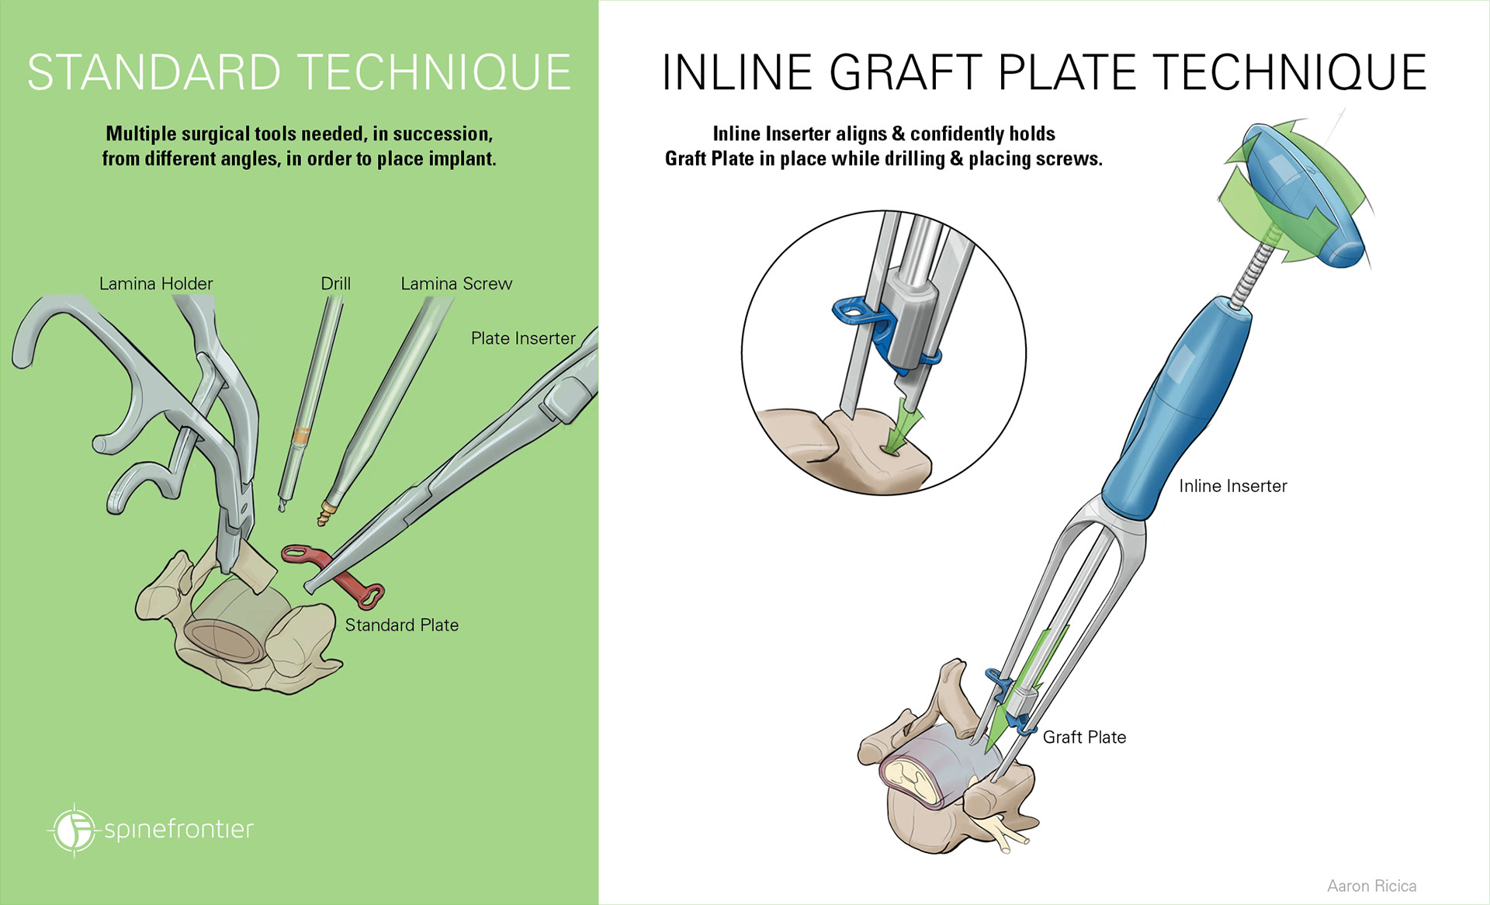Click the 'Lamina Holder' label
click(156, 284)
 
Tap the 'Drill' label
click(335, 284)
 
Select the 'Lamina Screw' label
click(456, 284)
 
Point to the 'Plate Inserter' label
click(523, 338)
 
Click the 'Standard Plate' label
click(401, 625)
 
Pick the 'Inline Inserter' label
click(1232, 486)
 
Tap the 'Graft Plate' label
click(1084, 737)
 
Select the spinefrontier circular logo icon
click(74, 830)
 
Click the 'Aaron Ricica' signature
click(1371, 886)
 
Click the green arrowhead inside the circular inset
click(900, 427)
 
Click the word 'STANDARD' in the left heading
click(154, 73)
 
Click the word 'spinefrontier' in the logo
click(178, 829)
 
